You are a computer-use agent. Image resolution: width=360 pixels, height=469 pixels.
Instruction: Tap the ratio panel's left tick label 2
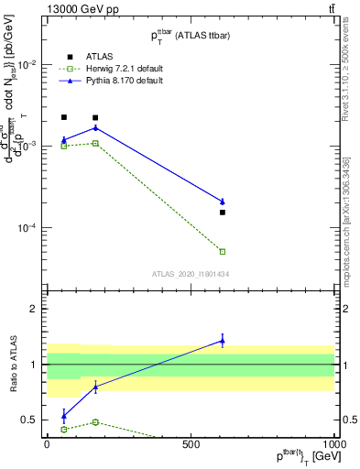[x=34, y=309]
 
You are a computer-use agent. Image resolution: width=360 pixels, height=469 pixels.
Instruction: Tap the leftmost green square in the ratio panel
[x=63, y=429]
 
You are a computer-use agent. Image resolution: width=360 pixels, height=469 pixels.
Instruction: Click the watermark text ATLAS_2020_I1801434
[x=190, y=274]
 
